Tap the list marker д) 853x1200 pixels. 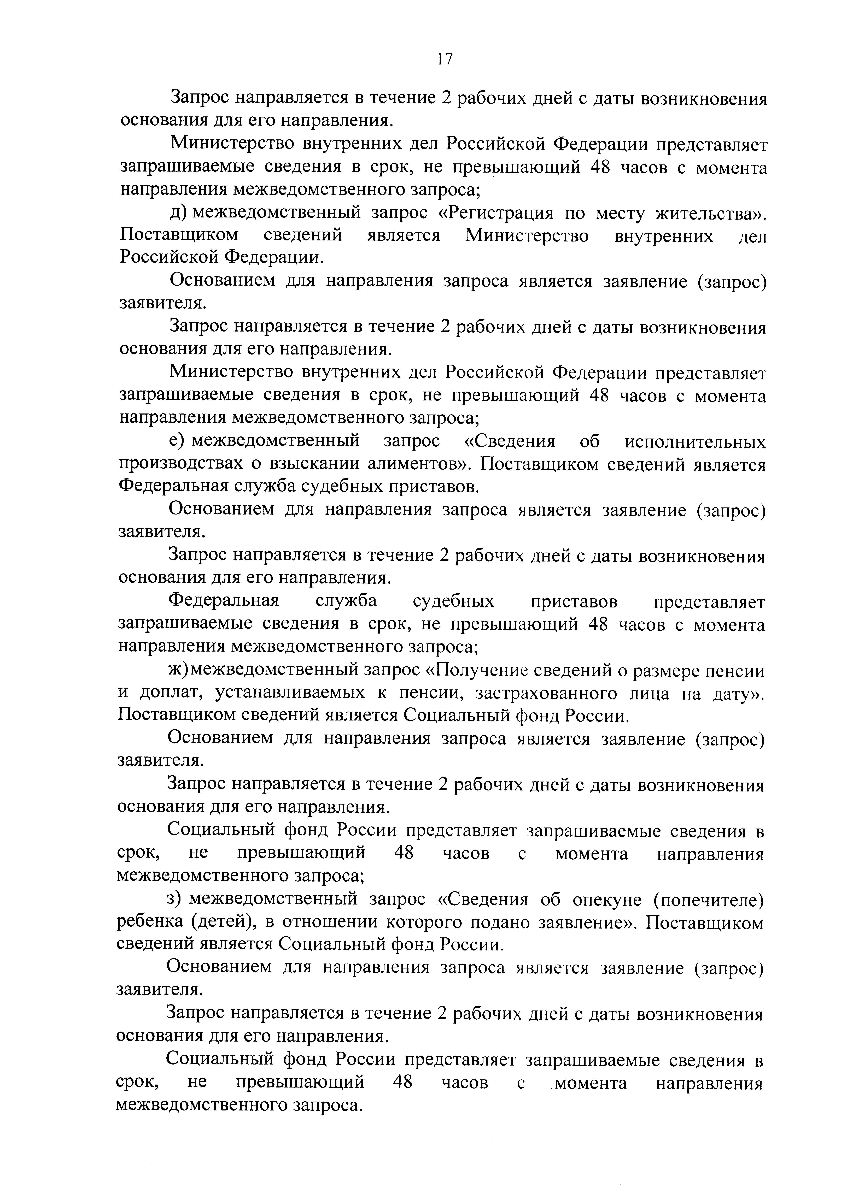[x=179, y=213]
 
